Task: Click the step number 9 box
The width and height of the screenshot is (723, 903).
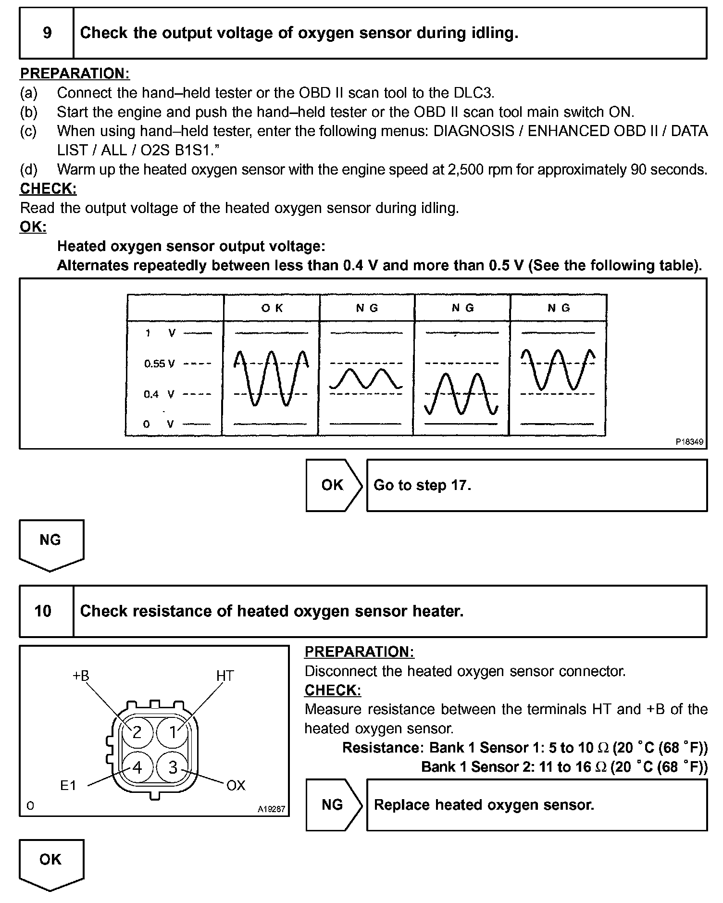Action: pyautogui.click(x=47, y=33)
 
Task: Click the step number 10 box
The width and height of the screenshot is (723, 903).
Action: pyautogui.click(x=43, y=611)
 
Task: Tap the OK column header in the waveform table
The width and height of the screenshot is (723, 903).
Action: pyautogui.click(x=272, y=308)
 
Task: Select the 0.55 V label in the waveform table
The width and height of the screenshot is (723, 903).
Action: pyautogui.click(x=159, y=364)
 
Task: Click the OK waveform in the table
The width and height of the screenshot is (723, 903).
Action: pyautogui.click(x=271, y=378)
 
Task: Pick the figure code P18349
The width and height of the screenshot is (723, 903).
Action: pyautogui.click(x=689, y=441)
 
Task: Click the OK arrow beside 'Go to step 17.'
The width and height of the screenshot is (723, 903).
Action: pyautogui.click(x=333, y=485)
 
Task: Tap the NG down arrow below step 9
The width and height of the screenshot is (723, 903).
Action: pyautogui.click(x=51, y=544)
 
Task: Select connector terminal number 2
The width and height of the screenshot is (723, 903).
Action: pyautogui.click(x=137, y=732)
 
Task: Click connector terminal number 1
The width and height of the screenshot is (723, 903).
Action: pyautogui.click(x=173, y=732)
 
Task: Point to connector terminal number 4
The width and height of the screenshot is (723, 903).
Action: pyautogui.click(x=137, y=768)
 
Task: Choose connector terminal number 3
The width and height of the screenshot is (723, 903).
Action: pyautogui.click(x=173, y=768)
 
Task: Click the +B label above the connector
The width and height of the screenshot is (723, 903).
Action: pyautogui.click(x=81, y=676)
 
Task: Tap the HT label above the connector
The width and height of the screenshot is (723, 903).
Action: pyautogui.click(x=224, y=676)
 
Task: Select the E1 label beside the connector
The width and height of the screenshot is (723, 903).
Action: pyautogui.click(x=68, y=785)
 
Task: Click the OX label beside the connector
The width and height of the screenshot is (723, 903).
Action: pyautogui.click(x=236, y=785)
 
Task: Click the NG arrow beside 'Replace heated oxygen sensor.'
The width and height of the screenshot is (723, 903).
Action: pyautogui.click(x=333, y=805)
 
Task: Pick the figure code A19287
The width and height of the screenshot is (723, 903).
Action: pyautogui.click(x=271, y=809)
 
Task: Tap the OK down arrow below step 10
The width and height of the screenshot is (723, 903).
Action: pyautogui.click(x=51, y=864)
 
